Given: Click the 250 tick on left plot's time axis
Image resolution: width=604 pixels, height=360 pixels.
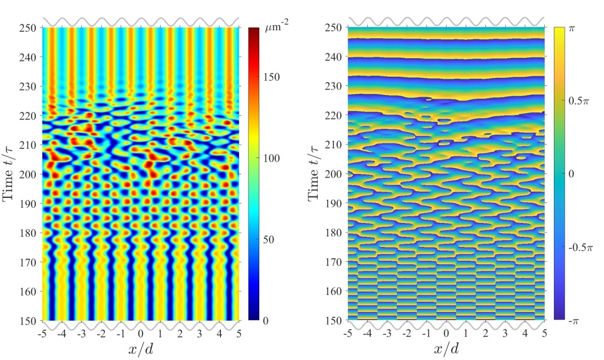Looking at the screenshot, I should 29,28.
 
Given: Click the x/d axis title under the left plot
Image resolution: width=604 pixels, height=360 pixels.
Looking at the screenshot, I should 140,349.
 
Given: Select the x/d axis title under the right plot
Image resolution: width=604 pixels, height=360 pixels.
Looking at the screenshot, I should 446,349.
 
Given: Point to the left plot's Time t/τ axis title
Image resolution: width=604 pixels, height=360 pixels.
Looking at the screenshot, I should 10,174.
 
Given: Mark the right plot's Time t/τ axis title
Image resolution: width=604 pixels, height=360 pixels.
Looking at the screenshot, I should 315,174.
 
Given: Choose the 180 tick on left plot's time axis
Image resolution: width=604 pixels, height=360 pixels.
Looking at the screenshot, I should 29,233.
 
